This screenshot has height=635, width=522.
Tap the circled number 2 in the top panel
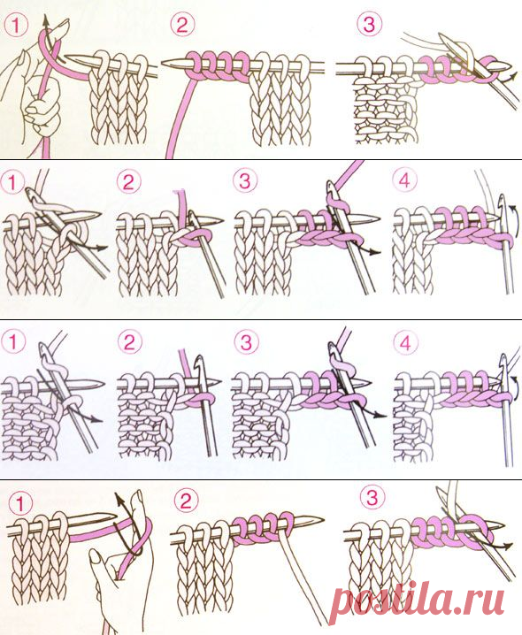(182, 25)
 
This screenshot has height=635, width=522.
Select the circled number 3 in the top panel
(369, 24)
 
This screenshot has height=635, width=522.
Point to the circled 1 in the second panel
(13, 183)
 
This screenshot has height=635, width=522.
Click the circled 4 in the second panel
(404, 181)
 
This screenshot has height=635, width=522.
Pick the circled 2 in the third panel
(129, 343)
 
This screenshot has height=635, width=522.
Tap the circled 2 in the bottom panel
(186, 501)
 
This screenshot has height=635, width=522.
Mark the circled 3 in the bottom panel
(372, 497)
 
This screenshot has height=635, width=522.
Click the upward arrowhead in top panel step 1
(45, 19)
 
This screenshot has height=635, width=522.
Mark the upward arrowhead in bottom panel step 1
(118, 497)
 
